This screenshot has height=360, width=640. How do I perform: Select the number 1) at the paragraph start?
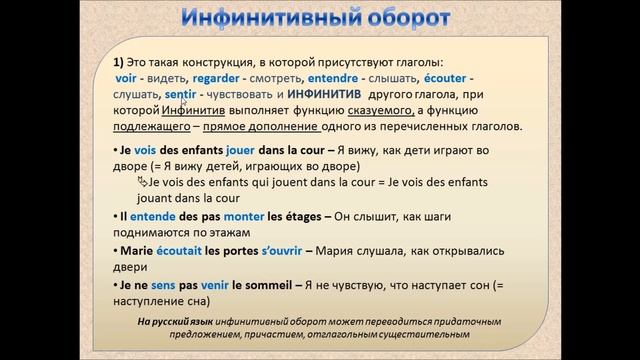(x=118, y=60)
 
